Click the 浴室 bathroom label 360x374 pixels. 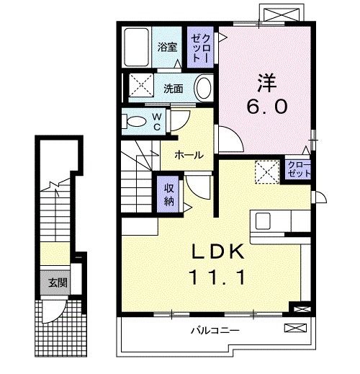168,48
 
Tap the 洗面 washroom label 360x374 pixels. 172,89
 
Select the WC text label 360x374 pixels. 157,122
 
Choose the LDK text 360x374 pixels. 219,252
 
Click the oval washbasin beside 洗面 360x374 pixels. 204,89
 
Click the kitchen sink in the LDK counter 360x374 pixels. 261,221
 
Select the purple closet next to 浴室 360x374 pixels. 199,48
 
